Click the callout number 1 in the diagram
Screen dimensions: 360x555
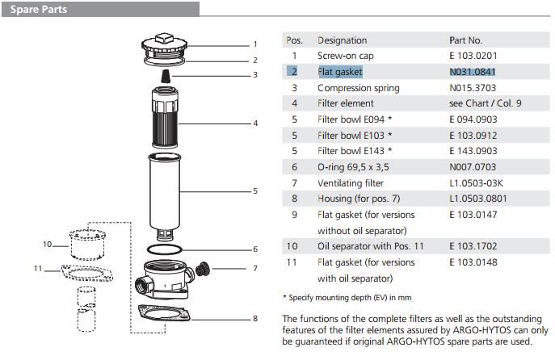pyautogui.click(x=255, y=44)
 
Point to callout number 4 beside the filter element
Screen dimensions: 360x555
pyautogui.click(x=255, y=123)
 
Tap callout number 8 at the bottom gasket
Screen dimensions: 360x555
pyautogui.click(x=255, y=318)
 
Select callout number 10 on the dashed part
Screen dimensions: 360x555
pyautogui.click(x=47, y=244)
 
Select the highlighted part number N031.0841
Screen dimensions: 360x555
pyautogui.click(x=473, y=72)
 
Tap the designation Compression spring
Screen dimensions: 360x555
pyautogui.click(x=355, y=88)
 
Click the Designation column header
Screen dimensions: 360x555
pyautogui.click(x=342, y=40)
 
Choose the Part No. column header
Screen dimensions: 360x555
pyautogui.click(x=465, y=40)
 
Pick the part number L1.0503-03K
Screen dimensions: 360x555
pyautogui.click(x=476, y=183)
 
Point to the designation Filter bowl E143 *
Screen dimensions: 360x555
pyautogui.click(x=355, y=151)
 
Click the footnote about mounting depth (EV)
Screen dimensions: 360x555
pyautogui.click(x=347, y=298)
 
